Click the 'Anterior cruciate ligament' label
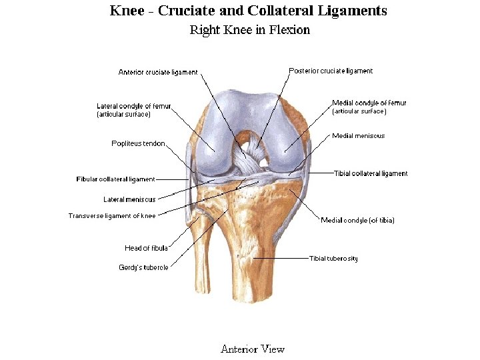[158, 73]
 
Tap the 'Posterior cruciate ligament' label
[331, 71]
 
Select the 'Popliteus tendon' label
[138, 143]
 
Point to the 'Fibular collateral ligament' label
[115, 179]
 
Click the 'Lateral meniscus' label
[129, 199]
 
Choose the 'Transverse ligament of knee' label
[112, 216]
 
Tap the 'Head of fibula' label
[146, 249]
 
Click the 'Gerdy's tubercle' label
[143, 267]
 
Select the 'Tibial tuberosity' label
[333, 259]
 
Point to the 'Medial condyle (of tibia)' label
[357, 221]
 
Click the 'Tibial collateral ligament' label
[371, 173]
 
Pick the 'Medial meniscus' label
[359, 136]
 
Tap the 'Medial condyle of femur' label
[369, 103]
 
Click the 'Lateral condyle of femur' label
[134, 106]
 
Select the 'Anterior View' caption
[253, 349]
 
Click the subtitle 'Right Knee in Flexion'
[249, 30]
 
